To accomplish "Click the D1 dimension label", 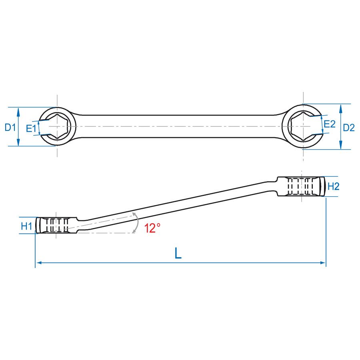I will tap(10, 128).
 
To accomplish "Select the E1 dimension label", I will tap(31, 129).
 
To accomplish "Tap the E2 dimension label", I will tap(330, 124).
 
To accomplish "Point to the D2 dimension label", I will tap(349, 128).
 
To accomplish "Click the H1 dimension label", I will tap(26, 226).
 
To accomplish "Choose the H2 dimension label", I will tap(333, 186).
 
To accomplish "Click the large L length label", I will tap(178, 253).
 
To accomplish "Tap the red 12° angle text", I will tap(152, 228).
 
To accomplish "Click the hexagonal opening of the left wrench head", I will tap(57, 127).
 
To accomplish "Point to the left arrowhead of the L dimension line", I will tap(38, 263).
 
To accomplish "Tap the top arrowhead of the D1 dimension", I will tap(18, 110).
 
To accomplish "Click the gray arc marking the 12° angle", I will tap(137, 223).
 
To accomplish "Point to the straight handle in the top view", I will tap(180, 127).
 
